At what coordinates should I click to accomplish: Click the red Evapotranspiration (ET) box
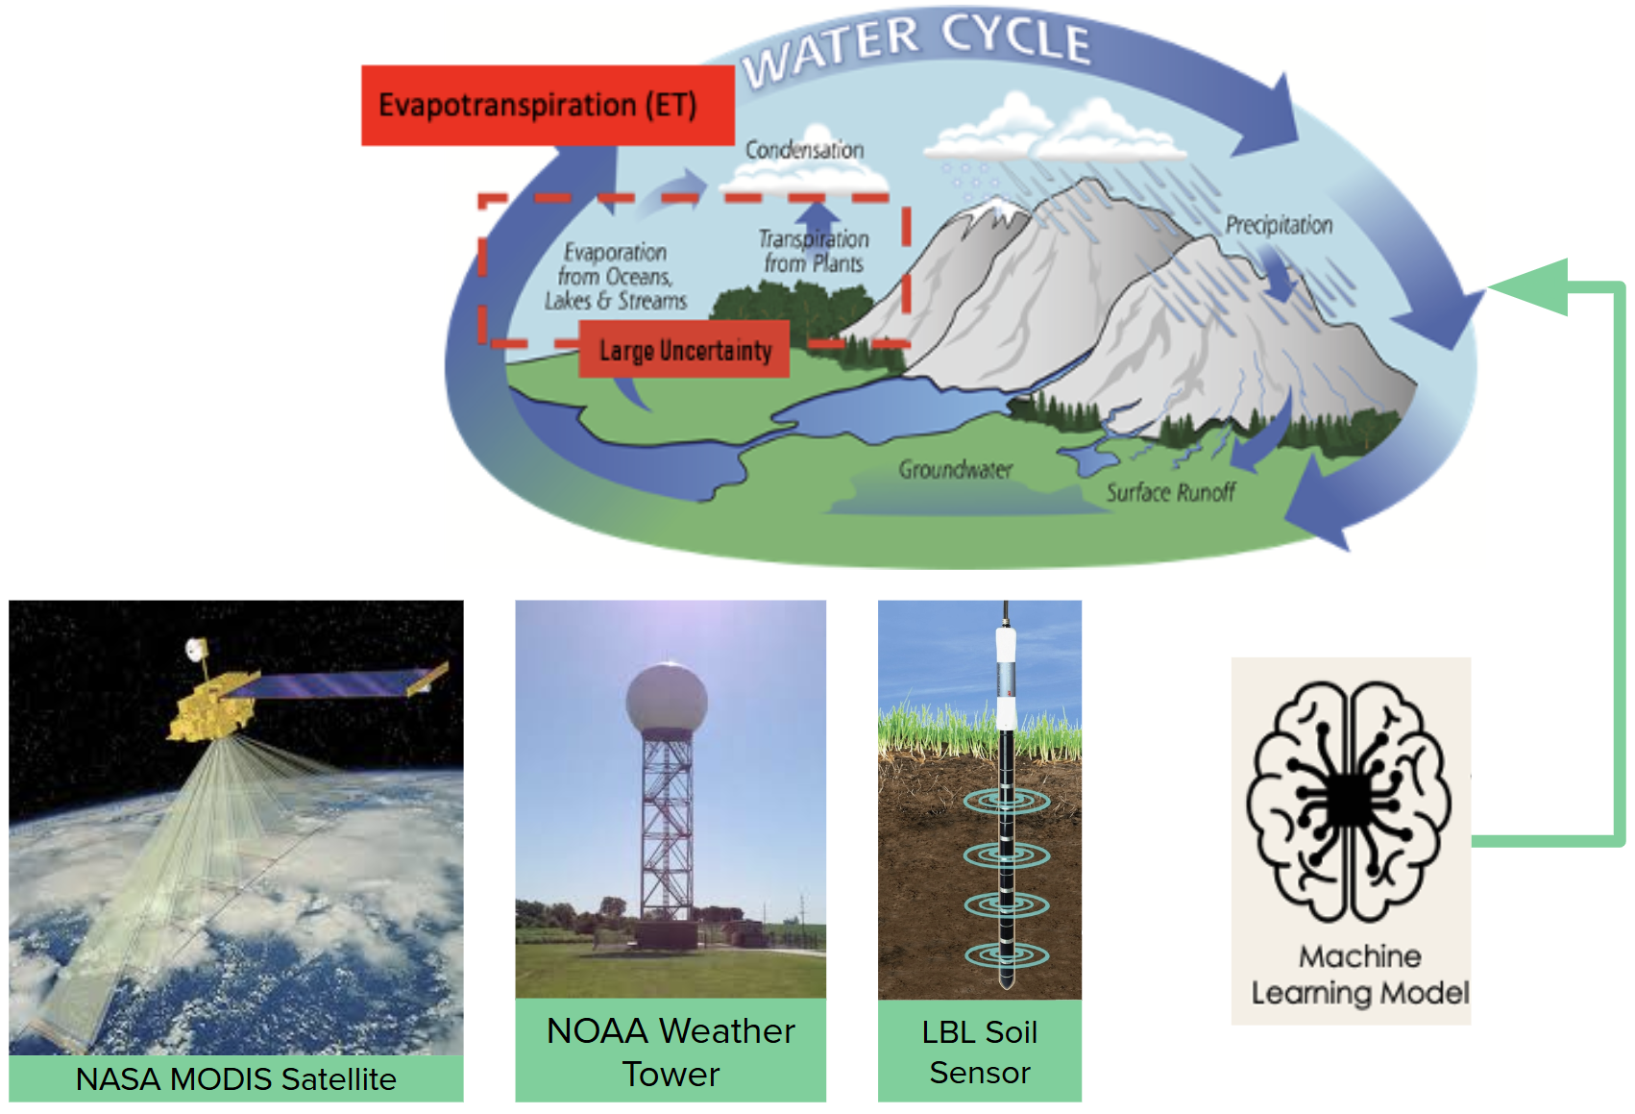[x=548, y=105]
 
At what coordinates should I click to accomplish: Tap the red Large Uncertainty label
[x=684, y=349]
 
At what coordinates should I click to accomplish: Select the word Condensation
[x=804, y=149]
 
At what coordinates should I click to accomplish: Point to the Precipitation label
[x=1279, y=225]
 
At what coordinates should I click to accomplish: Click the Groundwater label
[x=956, y=469]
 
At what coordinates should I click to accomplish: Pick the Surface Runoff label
[x=1171, y=492]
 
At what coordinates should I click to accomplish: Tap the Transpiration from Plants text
[x=814, y=251]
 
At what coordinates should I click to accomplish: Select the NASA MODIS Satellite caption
[x=235, y=1079]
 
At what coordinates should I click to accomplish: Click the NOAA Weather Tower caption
[x=671, y=1052]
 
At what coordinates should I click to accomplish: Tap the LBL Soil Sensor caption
[x=980, y=1052]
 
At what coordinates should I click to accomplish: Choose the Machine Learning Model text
[x=1360, y=975]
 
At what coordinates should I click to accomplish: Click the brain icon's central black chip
[x=1349, y=802]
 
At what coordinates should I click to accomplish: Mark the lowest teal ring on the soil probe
[x=1007, y=955]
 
